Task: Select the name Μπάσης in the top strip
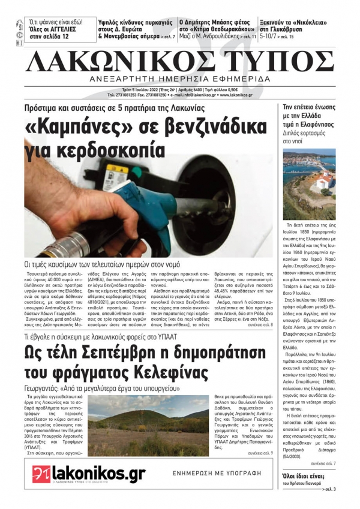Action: (x=227, y=19)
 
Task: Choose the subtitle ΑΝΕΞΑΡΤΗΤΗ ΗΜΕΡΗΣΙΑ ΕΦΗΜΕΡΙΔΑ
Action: (x=180, y=80)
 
